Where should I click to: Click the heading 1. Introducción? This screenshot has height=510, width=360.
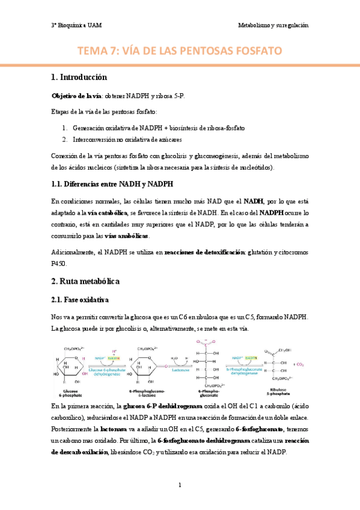79,78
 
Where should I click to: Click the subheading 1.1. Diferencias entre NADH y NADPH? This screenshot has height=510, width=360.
112,184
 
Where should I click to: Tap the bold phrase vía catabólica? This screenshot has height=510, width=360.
93,213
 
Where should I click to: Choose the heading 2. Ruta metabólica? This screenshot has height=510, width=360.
86,281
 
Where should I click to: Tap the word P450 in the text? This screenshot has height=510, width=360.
59,263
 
